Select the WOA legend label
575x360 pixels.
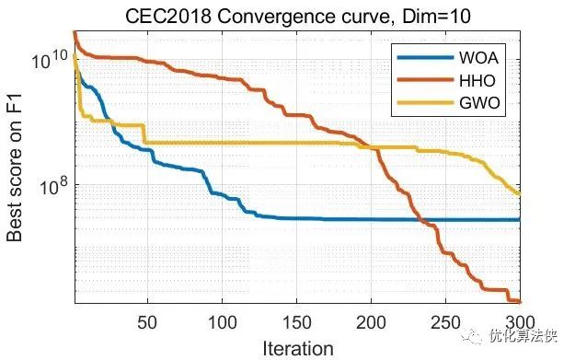pos(479,57)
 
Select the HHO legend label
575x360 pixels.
pos(477,80)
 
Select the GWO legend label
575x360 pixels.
pos(479,103)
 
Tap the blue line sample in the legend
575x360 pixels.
pos(426,57)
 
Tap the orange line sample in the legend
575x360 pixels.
pos(426,80)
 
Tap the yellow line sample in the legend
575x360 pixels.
pos(426,103)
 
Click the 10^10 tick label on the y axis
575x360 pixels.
pos(49,61)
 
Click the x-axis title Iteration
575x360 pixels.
pos(296,348)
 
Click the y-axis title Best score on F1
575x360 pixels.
pos(15,172)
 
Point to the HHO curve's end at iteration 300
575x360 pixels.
pos(520,301)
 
